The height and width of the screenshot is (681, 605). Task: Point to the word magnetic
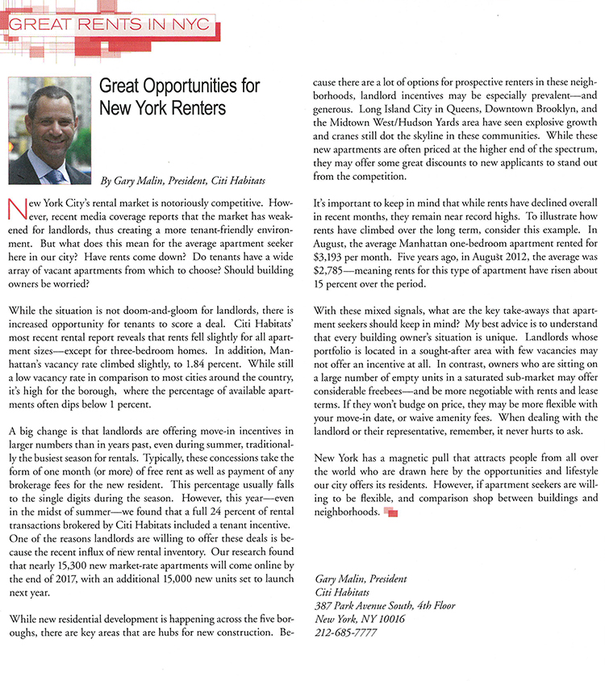400,457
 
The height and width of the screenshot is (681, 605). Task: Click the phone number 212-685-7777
344,633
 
